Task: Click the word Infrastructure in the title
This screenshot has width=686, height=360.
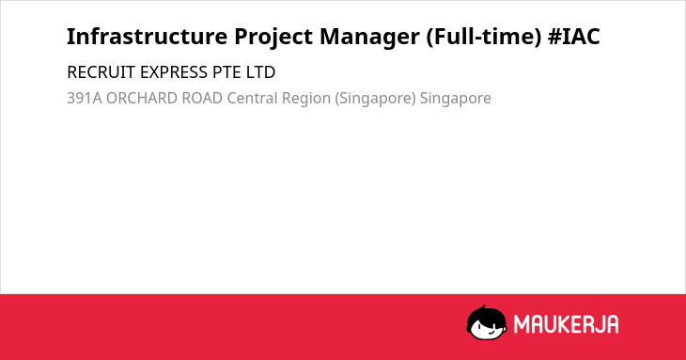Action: click(x=147, y=37)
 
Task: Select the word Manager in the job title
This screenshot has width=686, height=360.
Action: click(x=369, y=38)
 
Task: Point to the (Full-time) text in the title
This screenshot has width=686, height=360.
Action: click(x=484, y=38)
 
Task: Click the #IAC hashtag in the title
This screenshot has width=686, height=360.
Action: click(x=573, y=37)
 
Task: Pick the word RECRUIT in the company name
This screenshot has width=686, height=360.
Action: click(x=101, y=72)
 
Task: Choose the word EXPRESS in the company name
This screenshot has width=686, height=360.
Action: click(x=173, y=72)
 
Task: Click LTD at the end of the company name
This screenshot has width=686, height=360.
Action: click(x=260, y=72)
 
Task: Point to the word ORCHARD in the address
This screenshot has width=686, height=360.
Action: click(x=141, y=99)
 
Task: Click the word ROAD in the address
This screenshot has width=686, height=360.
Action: click(x=202, y=99)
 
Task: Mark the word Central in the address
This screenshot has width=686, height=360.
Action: click(x=252, y=99)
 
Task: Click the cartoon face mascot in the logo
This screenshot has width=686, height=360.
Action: click(x=487, y=323)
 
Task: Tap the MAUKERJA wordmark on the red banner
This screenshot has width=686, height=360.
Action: click(x=566, y=324)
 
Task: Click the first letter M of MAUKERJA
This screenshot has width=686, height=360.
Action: click(x=522, y=324)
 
